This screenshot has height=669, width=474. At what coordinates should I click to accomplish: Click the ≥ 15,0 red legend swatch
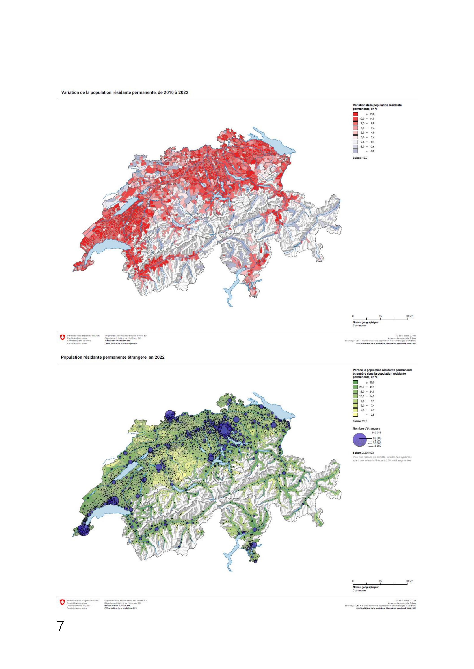coord(355,114)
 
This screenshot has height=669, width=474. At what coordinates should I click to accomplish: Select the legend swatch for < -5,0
coord(355,151)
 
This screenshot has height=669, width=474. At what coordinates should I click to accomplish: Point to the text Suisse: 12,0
coord(360,158)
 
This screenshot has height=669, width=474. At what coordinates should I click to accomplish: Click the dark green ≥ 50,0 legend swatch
coord(355,382)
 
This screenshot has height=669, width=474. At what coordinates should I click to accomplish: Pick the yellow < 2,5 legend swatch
coord(355,415)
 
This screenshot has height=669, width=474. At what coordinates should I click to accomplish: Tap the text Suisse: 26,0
coord(360,421)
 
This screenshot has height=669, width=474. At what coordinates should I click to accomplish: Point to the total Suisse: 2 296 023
coord(363,453)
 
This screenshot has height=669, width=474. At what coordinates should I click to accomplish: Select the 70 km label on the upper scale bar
coord(409,316)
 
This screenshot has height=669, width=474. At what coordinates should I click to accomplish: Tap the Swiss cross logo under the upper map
coord(62,337)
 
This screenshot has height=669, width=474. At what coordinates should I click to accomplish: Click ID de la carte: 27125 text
coord(406,601)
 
